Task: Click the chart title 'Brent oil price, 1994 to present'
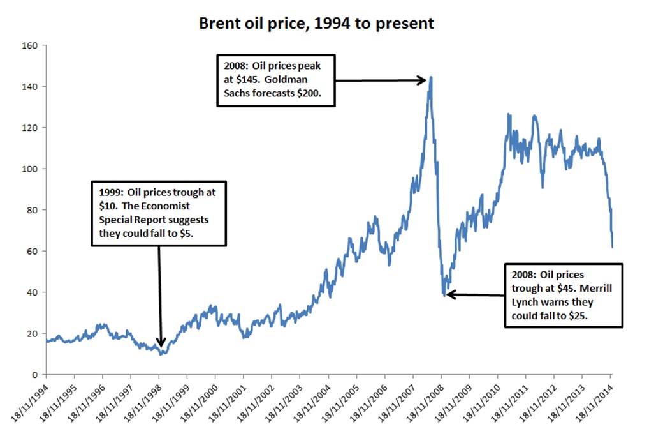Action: [x=316, y=24]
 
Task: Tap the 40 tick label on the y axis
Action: [x=33, y=292]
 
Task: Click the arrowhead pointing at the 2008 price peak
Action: [x=423, y=80]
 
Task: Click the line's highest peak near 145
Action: [x=431, y=77]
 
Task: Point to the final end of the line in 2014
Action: [x=612, y=247]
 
